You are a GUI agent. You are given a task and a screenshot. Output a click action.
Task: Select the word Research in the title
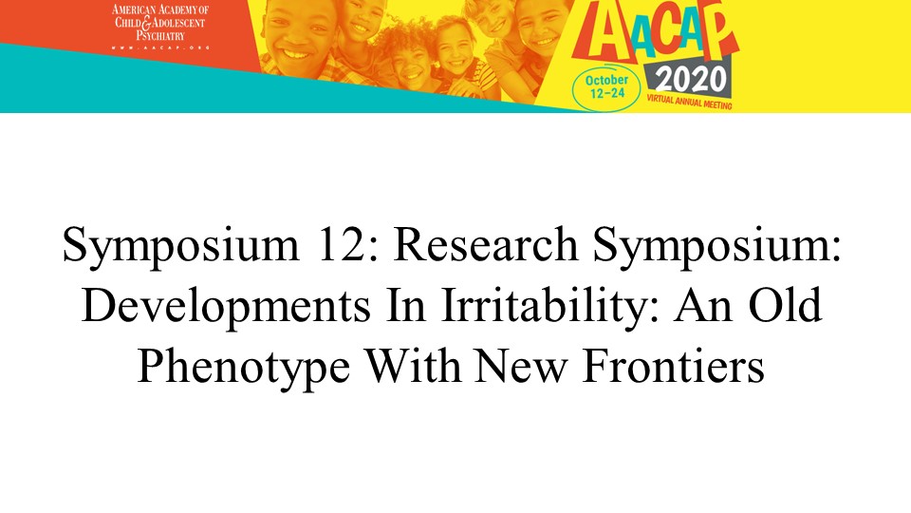tap(486, 244)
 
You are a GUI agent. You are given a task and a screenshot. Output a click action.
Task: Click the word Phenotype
tap(244, 368)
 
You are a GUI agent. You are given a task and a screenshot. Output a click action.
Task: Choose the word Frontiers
tap(674, 367)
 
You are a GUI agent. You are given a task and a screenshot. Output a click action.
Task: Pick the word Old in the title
tap(785, 305)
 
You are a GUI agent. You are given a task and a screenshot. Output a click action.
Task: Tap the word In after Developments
tap(406, 305)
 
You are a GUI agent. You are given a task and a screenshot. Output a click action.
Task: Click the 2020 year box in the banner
tap(691, 80)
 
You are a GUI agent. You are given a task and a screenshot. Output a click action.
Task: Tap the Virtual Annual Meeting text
tap(689, 102)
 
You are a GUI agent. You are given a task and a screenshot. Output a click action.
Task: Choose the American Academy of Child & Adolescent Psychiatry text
tap(160, 23)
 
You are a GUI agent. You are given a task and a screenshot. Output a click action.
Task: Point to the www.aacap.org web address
tap(160, 47)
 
